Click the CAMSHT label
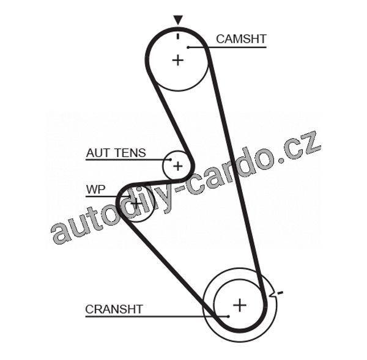pyautogui.click(x=241, y=39)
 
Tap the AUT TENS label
pyautogui.click(x=116, y=153)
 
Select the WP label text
pyautogui.click(x=95, y=189)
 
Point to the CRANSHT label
pyautogui.click(x=114, y=309)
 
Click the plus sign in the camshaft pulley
pyautogui.click(x=177, y=60)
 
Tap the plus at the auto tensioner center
pyautogui.click(x=177, y=165)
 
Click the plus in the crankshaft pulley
pyautogui.click(x=240, y=304)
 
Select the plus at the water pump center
pyautogui.click(x=136, y=202)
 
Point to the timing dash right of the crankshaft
pyautogui.click(x=280, y=294)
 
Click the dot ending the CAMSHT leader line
pyautogui.click(x=190, y=46)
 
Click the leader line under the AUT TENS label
pyautogui.click(x=122, y=160)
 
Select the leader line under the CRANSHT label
pyautogui.click(x=153, y=316)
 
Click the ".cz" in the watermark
pyautogui.click(x=300, y=147)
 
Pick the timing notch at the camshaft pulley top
pyautogui.click(x=177, y=35)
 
